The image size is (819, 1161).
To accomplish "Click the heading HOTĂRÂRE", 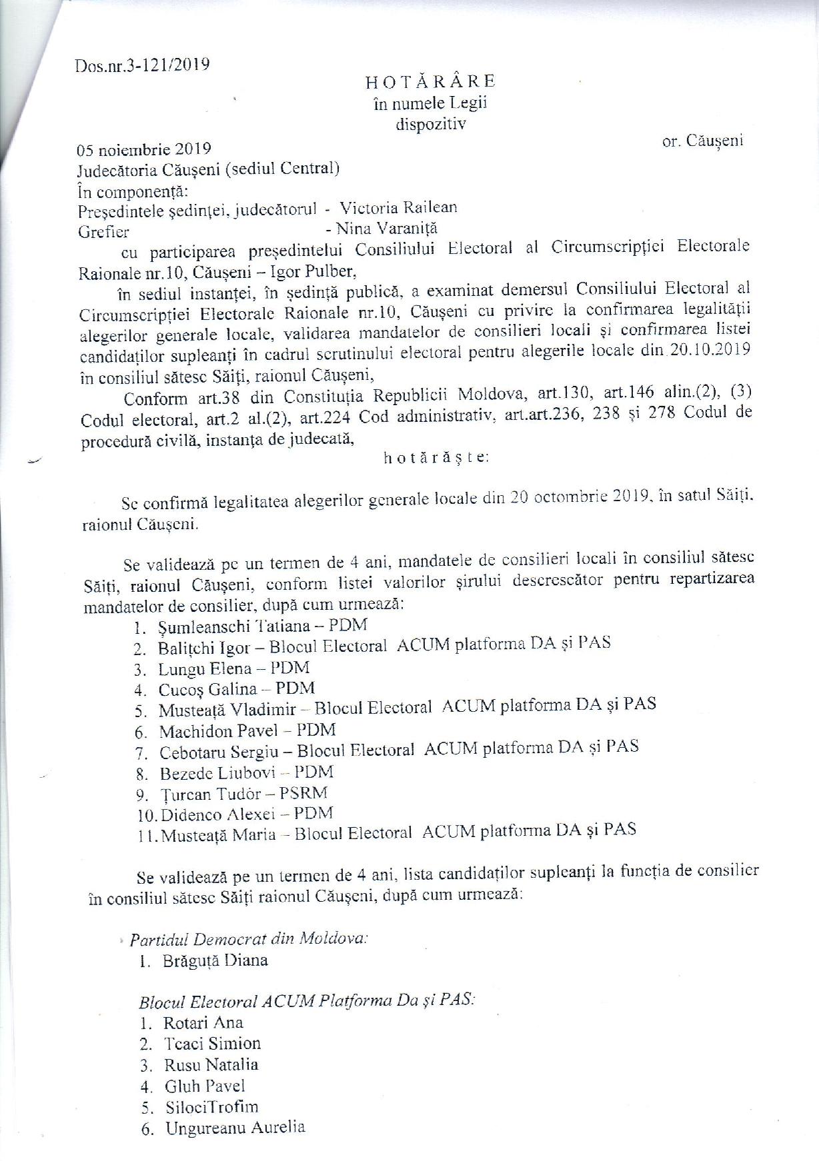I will click(x=430, y=81).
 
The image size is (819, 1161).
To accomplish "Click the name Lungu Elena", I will click(x=205, y=668).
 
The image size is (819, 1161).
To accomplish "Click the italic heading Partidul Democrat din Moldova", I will click(x=249, y=939).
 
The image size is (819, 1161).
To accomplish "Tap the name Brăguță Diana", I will click(x=214, y=960).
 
